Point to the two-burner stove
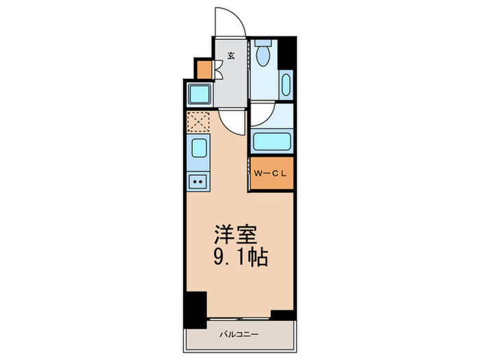coord(197,182)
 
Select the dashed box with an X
coord(197,123)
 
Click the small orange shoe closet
coord(203,69)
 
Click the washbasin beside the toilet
coord(286,84)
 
